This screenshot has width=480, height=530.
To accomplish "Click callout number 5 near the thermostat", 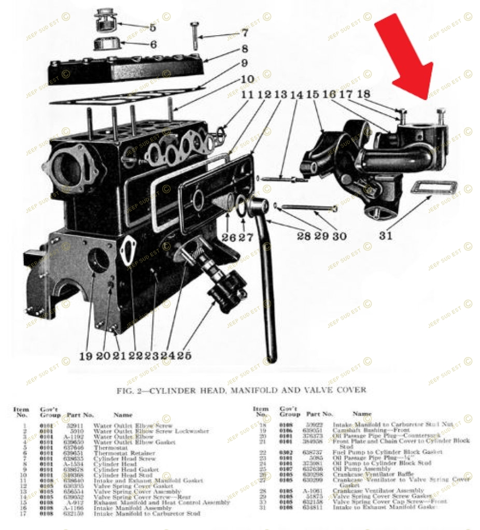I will pos(152,27).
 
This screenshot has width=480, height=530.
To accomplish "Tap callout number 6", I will pos(153,44).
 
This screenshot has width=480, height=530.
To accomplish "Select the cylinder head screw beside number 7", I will pos(195,36).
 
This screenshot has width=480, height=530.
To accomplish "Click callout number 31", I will pos(385,236).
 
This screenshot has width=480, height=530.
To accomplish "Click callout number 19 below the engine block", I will pos(86,356).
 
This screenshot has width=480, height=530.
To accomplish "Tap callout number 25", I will pos(185,356).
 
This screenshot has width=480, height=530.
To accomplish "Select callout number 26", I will pos(229,237).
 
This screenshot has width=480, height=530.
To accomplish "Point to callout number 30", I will pos(340,236).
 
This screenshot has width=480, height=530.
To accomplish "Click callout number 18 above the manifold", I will pos(363,95).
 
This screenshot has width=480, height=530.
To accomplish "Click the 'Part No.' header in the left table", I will pos(80,415).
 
